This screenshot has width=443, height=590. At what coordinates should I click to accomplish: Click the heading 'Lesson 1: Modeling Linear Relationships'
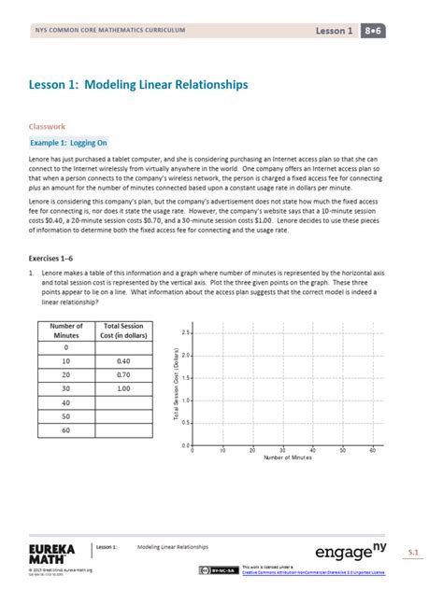138,85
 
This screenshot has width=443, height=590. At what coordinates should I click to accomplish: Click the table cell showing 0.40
123,360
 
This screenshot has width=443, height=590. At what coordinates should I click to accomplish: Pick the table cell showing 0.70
123,374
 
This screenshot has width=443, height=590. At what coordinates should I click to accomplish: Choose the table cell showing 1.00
123,388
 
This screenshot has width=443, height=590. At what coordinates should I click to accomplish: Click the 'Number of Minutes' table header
66,331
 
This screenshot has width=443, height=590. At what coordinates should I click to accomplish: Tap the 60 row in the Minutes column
66,432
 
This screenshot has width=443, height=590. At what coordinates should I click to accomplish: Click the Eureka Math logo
51,553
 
